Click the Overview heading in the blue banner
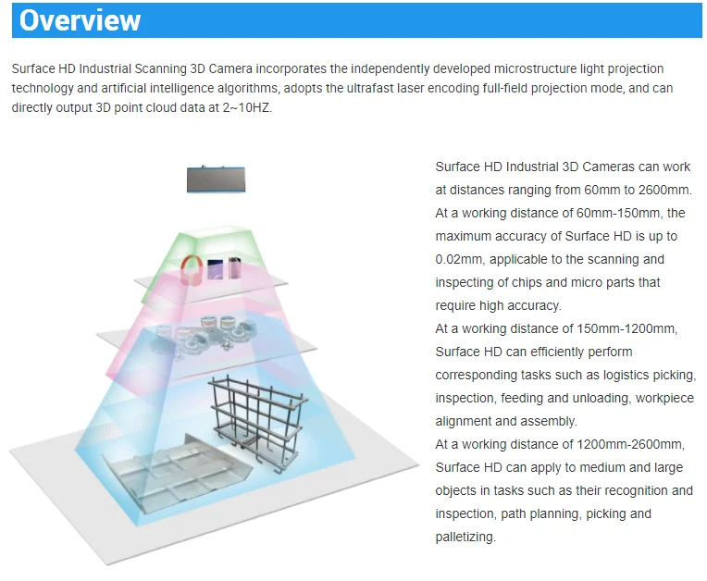point(81,20)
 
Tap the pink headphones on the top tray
point(192,270)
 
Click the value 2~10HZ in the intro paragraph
point(244,106)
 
